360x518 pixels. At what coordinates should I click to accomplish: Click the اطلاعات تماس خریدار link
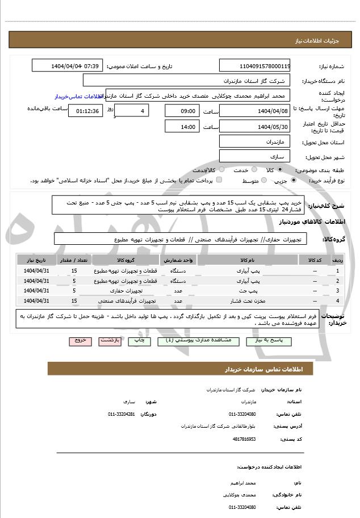[x=77, y=97]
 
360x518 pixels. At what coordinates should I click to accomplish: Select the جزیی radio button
[x=293, y=181]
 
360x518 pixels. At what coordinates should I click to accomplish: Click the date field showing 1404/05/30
[x=254, y=126]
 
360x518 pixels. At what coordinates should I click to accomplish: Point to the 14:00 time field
[x=182, y=126]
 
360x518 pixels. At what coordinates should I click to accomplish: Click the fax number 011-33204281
[x=122, y=414]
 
